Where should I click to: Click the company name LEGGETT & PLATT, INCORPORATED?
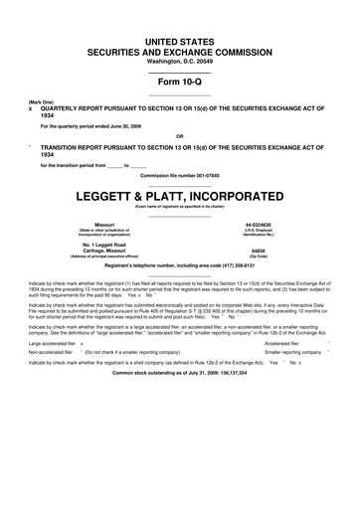coord(179,195)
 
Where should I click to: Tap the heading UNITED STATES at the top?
coord(179,36)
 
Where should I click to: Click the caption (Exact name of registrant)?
coord(179,206)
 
